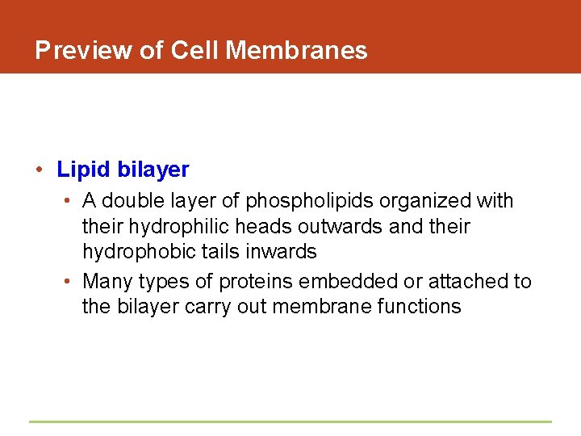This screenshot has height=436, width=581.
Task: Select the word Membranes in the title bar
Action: click(x=297, y=51)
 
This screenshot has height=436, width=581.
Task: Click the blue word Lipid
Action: click(x=83, y=170)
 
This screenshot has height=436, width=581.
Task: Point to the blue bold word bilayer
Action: click(x=153, y=170)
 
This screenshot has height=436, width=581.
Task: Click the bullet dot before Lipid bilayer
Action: click(x=39, y=170)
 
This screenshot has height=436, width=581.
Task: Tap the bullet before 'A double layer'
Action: click(x=70, y=200)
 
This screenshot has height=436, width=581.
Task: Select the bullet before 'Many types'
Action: click(x=70, y=281)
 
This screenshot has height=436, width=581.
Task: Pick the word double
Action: click(x=133, y=200)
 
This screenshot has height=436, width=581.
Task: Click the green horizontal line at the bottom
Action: click(x=290, y=421)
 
